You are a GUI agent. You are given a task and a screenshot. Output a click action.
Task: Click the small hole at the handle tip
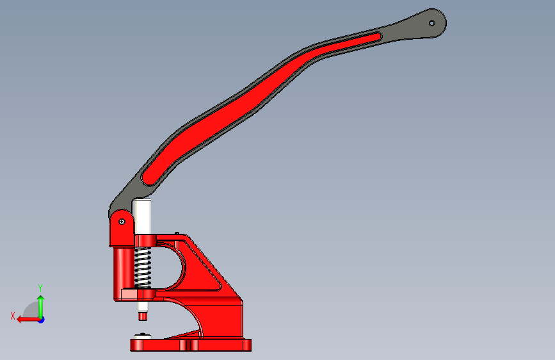[432, 24]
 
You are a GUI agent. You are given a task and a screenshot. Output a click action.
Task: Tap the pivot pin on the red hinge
[122, 222]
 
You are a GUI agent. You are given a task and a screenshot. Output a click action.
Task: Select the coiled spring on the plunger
[143, 267]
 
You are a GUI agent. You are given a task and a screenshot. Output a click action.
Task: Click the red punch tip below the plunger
[143, 316]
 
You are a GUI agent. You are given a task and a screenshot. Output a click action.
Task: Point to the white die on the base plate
[143, 336]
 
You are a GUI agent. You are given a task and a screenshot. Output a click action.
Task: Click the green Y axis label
[40, 288]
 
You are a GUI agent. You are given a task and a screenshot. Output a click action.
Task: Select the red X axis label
[13, 316]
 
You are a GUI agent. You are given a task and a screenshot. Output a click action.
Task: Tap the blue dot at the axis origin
[42, 320]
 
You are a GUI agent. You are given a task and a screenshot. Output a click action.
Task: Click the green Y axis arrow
[41, 307]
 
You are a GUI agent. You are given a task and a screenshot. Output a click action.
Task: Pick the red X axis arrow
[28, 320]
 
